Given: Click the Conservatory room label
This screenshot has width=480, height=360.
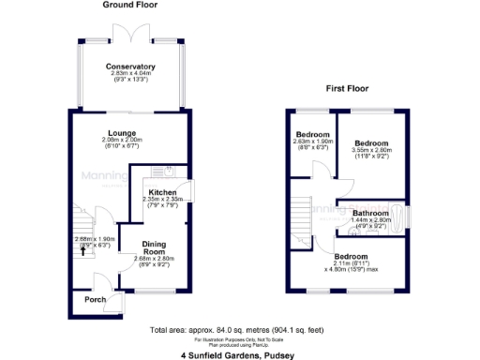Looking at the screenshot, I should (130, 67).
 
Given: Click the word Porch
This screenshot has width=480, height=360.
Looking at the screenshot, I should (95, 300).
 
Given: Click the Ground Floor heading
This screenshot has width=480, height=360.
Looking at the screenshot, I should (130, 6).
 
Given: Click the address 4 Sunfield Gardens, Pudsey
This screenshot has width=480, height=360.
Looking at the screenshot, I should (239, 355).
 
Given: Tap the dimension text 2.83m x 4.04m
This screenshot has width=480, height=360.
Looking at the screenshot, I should (130, 75).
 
